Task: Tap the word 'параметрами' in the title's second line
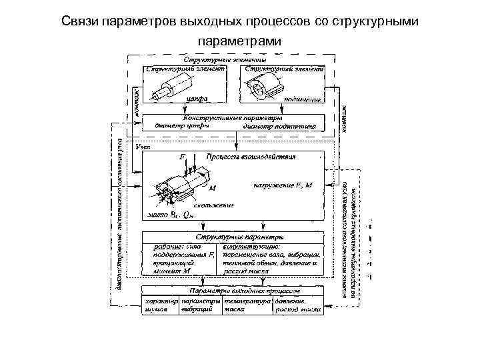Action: point(239,41)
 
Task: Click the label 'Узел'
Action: point(143,145)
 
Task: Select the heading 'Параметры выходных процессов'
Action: point(236,291)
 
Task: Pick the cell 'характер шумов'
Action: point(160,305)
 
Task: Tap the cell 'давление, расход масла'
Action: point(297,305)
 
